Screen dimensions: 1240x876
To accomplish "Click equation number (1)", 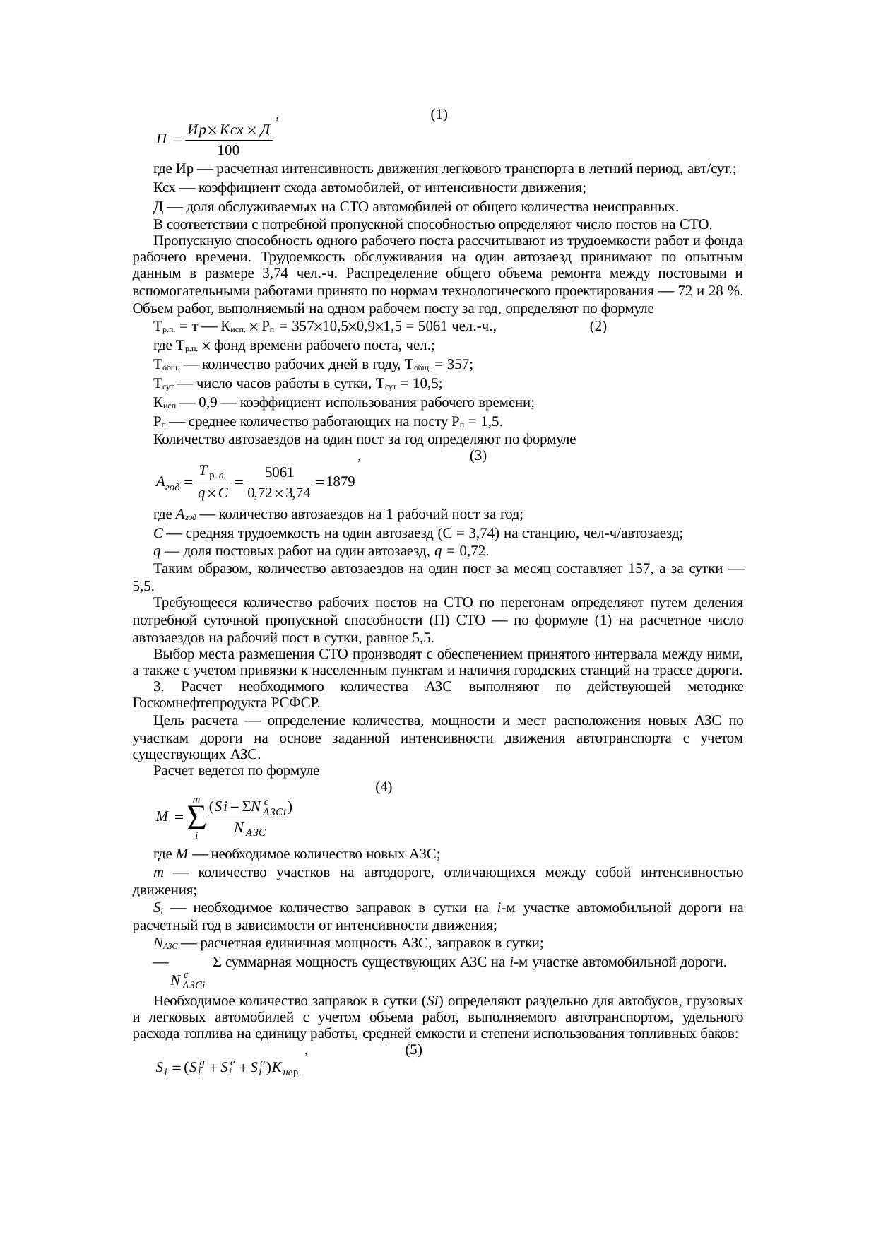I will click(438, 114).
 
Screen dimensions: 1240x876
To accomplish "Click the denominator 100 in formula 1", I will click(228, 150).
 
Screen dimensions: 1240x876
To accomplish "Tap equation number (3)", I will click(478, 456).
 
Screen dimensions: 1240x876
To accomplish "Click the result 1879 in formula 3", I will click(340, 482).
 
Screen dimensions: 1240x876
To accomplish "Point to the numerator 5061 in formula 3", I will click(279, 471).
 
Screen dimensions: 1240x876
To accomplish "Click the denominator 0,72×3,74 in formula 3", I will click(279, 492).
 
